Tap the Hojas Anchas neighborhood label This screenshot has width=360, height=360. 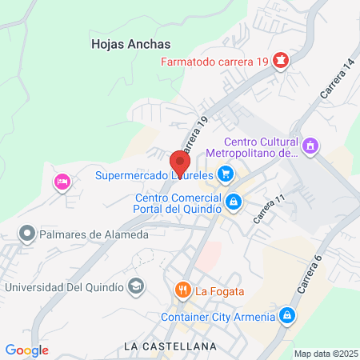(x=128, y=45)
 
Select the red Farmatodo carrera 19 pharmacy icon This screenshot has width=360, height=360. (x=281, y=60)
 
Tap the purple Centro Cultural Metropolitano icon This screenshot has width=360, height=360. (x=311, y=146)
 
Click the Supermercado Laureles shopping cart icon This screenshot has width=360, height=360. (x=226, y=173)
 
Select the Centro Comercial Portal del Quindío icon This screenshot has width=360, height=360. (x=233, y=202)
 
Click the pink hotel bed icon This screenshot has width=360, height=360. (x=62, y=182)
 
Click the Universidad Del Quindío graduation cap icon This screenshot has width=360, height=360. (x=138, y=286)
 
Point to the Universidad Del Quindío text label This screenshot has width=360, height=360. (x=64, y=286)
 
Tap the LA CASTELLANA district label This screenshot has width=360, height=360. (x=170, y=346)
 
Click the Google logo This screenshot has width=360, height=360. (x=26, y=350)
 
